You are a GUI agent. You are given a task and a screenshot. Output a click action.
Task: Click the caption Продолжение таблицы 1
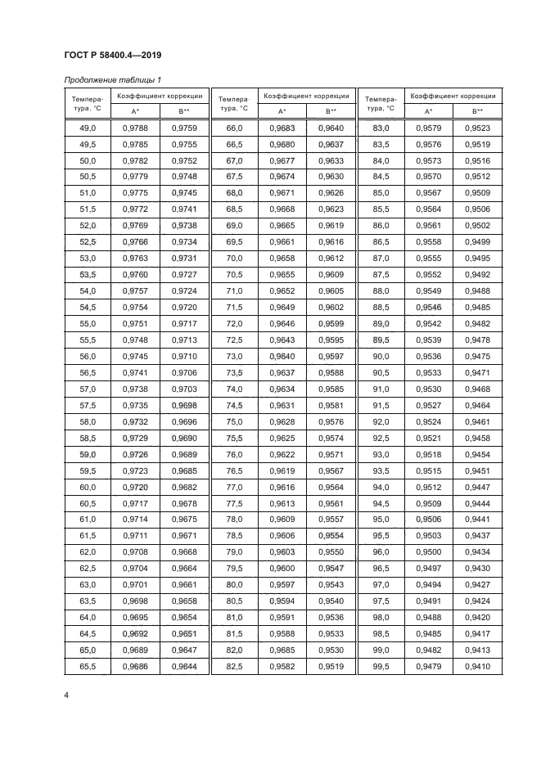pos(112,79)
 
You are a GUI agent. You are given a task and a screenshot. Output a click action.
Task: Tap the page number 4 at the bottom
pos(65,695)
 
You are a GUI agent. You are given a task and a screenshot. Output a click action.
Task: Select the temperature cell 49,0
pos(88,128)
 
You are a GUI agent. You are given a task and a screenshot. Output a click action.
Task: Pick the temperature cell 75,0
pos(234,421)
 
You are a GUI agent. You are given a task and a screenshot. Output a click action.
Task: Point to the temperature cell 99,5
pos(381,667)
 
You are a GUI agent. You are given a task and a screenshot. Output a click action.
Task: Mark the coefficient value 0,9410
pos(476,667)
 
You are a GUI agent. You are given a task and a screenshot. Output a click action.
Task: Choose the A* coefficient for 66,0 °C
pos(282,128)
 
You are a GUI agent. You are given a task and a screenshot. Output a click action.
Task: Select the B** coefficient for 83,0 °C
pos(476,128)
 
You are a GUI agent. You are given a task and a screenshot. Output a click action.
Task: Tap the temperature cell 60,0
pos(88,487)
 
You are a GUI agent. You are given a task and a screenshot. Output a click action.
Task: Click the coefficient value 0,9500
pos(428,552)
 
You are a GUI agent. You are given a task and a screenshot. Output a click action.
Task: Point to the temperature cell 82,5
pos(234,667)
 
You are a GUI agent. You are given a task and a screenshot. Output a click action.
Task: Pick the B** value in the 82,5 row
pos(330,667)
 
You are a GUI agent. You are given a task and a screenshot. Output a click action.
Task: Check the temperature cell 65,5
pos(88,667)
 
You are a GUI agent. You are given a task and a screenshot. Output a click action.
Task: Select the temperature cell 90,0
pos(381,357)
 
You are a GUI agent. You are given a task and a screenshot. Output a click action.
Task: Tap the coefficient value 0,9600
pos(282,569)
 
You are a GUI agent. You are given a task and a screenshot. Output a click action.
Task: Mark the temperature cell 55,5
pos(88,340)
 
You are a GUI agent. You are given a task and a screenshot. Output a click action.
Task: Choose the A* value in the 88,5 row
pos(428,308)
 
